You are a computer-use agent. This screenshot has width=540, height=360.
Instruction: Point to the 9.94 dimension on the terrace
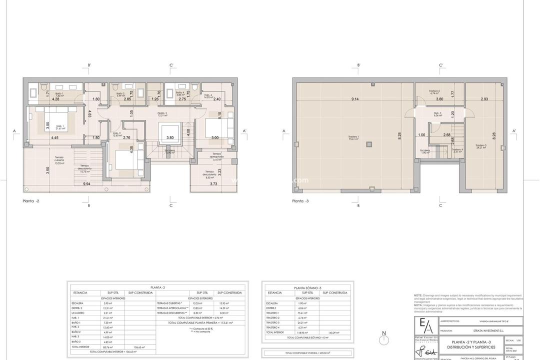(87, 184)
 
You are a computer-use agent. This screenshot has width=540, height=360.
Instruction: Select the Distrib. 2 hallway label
(162, 114)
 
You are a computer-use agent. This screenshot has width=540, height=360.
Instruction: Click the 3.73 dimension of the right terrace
(213, 184)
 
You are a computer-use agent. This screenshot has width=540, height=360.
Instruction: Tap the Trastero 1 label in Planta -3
(354, 137)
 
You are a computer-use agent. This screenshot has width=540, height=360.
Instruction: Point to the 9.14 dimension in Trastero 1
(354, 99)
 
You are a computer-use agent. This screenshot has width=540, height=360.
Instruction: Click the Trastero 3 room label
(481, 146)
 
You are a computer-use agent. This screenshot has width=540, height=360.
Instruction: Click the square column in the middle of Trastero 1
(368, 145)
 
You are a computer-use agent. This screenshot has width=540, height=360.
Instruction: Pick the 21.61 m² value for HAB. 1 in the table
(107, 317)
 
